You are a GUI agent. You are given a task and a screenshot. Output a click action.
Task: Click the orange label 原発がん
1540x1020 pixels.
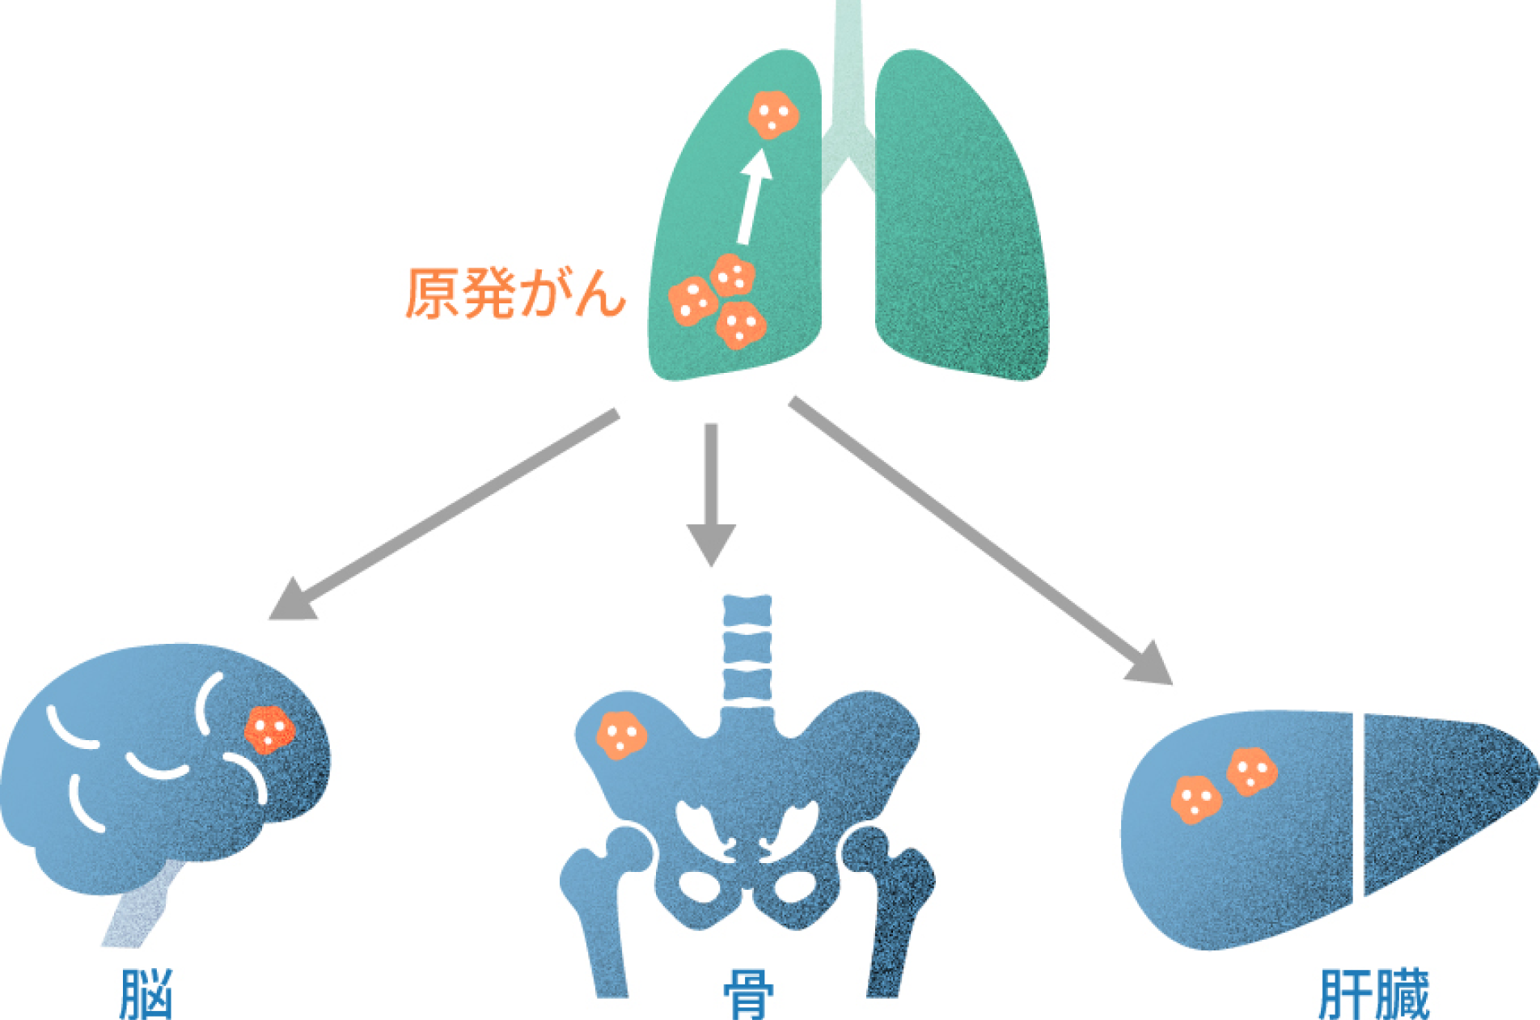(x=514, y=293)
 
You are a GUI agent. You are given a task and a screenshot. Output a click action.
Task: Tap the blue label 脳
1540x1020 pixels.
(x=146, y=993)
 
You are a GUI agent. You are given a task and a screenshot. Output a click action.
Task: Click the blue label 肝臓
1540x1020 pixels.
(x=1373, y=993)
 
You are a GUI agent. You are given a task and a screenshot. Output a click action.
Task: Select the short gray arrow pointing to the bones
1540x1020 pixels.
(x=711, y=493)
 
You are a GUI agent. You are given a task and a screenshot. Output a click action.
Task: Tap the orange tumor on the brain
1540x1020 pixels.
(x=269, y=730)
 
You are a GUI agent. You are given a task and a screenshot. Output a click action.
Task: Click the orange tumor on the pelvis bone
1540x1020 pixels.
(x=620, y=734)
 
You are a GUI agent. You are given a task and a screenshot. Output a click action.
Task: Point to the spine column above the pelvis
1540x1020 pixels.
(x=747, y=651)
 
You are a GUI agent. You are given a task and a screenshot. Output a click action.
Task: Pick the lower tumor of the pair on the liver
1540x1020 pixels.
(x=1195, y=799)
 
